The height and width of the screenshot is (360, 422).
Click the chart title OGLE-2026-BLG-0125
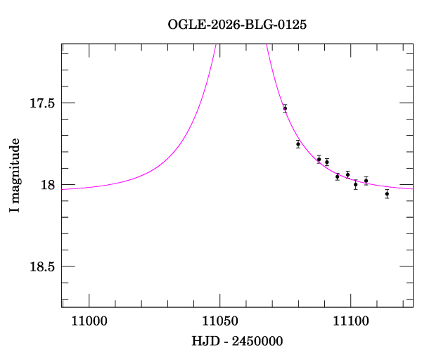237,24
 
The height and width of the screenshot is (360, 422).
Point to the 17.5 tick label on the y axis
41,103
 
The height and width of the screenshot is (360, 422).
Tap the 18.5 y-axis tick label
41,266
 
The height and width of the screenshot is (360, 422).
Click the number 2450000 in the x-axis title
257,342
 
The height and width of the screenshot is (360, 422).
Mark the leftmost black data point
285,108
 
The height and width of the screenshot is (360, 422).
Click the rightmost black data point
387,193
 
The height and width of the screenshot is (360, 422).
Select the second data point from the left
298,144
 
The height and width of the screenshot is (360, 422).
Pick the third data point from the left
319,160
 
